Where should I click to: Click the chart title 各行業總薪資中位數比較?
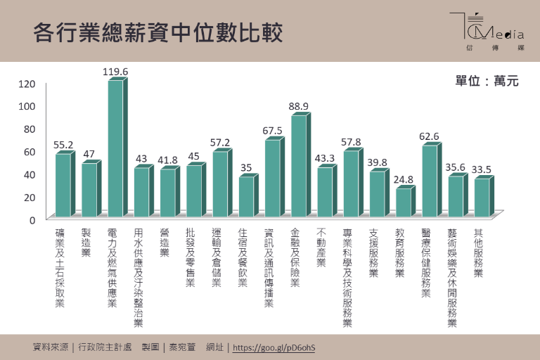point(157,33)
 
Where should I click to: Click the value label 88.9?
point(298,106)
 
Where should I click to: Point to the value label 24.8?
point(403,179)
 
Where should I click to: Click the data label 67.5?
point(272,131)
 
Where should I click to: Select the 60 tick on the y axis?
point(29,151)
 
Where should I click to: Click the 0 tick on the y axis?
point(32,219)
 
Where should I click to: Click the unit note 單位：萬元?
point(487,82)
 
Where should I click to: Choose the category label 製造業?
point(86,242)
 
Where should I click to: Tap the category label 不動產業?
point(321,247)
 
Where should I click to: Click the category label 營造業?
point(164,242)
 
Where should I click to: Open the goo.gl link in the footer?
point(274,347)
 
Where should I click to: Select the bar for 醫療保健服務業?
point(428,181)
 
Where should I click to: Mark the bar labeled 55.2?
point(63,185)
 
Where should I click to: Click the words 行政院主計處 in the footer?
point(106,347)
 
